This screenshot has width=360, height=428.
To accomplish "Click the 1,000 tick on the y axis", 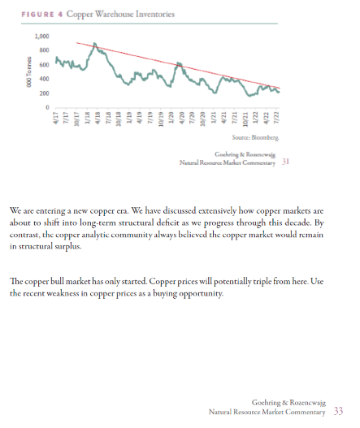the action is (41, 37).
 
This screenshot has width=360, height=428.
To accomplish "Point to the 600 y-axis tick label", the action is (44, 65).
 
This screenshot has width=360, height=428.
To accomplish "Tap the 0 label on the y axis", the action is (47, 107).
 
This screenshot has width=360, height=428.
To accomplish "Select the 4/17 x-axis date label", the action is (56, 118).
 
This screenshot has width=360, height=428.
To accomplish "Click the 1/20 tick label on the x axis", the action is (171, 118).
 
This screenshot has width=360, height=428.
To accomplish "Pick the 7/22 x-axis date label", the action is (276, 118).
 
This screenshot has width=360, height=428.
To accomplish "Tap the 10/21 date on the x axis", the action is (245, 119).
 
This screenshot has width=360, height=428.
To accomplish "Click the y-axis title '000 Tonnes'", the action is (28, 72).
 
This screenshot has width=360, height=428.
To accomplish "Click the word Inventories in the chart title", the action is (155, 14).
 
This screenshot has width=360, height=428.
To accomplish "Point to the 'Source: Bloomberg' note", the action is (255, 137).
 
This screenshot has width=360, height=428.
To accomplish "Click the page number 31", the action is (285, 162).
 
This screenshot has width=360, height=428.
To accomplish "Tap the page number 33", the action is (338, 411).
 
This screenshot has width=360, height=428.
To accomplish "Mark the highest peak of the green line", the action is (94, 43).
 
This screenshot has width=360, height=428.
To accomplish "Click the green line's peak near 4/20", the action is (178, 63).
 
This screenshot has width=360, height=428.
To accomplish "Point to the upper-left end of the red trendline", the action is (76, 42).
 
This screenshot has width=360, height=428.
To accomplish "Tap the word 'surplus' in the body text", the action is (68, 247).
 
